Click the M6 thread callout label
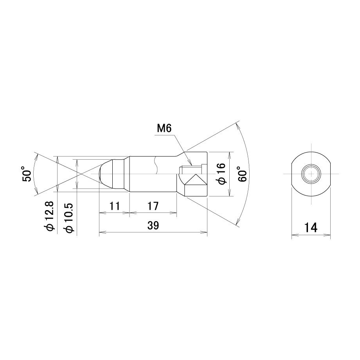coord(164,128)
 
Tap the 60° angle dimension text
coord(242,174)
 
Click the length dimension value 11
coord(114,206)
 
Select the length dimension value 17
coord(153,206)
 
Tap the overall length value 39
coord(153,225)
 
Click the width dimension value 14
coord(311,227)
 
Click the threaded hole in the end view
coord(311,174)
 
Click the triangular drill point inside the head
coord(196,180)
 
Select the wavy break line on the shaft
coord(156,165)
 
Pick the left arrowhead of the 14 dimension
coord(294,235)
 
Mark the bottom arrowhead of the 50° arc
coord(36,190)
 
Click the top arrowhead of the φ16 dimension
coord(230,155)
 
